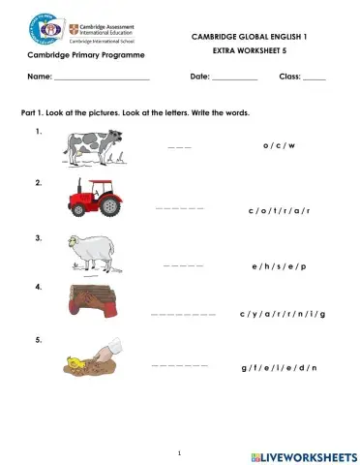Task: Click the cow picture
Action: pyautogui.click(x=93, y=146)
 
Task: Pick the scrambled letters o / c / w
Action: pyautogui.click(x=278, y=145)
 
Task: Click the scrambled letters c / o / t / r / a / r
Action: pyautogui.click(x=278, y=209)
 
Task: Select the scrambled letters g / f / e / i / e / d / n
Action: pyautogui.click(x=279, y=368)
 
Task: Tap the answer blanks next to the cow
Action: pyautogui.click(x=180, y=147)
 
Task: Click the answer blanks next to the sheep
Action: pyautogui.click(x=184, y=264)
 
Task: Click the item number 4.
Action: pyautogui.click(x=38, y=287)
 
